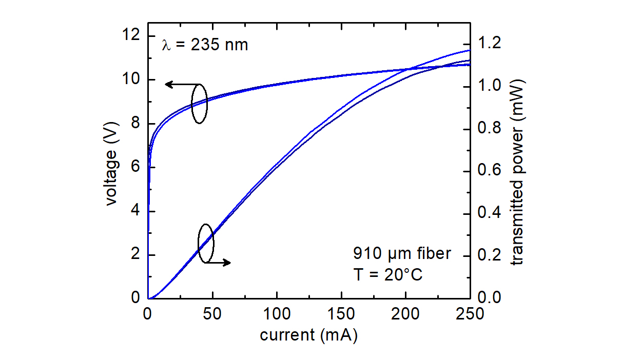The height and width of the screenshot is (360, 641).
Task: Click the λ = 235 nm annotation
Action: point(205,45)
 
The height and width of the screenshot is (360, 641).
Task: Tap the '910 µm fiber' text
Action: point(401,253)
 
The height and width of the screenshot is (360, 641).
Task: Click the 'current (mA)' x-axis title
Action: point(308,335)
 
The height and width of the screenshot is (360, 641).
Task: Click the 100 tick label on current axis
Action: point(277,314)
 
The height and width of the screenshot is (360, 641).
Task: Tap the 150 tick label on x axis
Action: point(341,314)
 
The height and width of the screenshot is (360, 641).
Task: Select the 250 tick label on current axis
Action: point(470,314)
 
